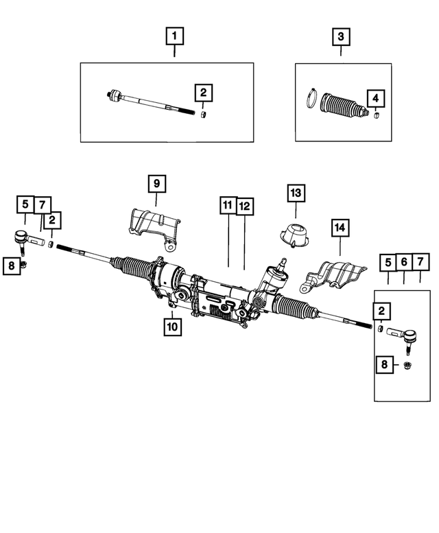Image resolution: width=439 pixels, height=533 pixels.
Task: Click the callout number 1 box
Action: pos(174,34)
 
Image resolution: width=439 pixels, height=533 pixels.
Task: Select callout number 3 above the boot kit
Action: pos(341,34)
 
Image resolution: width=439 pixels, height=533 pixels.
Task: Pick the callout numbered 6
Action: pos(404,261)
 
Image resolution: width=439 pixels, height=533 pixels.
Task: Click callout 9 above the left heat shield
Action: pos(156,184)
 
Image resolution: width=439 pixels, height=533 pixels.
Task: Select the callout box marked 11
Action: pos(228,204)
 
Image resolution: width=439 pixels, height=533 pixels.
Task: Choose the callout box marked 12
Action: pos(244,204)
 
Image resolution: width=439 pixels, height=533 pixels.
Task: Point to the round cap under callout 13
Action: pos(294,237)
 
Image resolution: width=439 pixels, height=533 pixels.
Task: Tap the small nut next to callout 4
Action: pos(375,115)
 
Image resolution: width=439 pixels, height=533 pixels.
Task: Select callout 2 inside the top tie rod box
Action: pos(203,91)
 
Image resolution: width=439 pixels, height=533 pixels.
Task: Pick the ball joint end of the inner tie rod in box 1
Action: pos(115,95)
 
